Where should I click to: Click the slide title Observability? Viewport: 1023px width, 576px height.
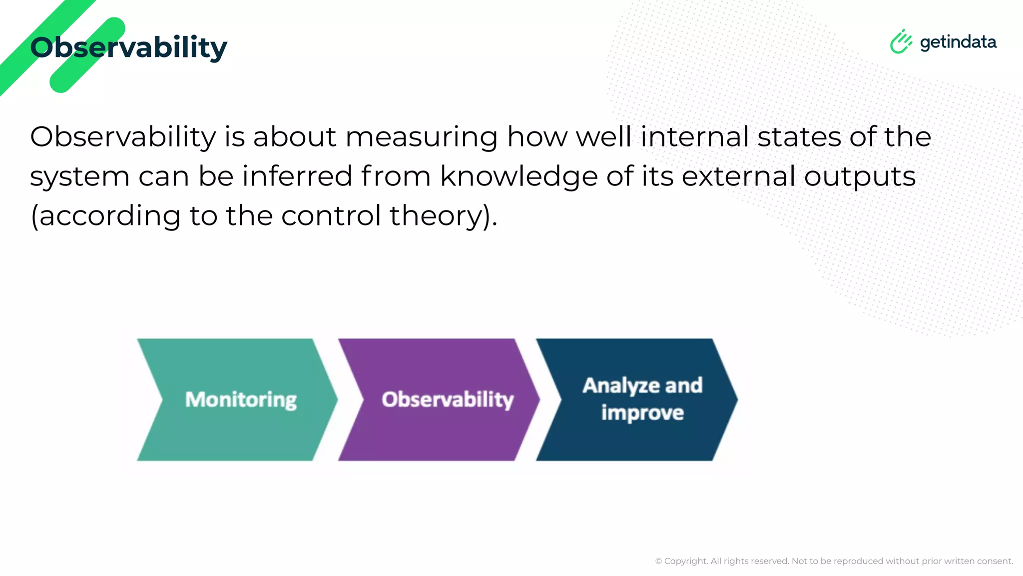point(128,47)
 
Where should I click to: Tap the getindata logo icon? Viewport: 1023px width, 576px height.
point(901,41)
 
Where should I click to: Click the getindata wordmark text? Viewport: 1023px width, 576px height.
point(958,42)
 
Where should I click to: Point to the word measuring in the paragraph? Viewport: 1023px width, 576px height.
point(421,137)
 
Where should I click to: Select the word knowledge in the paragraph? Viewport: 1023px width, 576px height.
point(518,176)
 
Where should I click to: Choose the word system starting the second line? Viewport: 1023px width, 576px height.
point(80,177)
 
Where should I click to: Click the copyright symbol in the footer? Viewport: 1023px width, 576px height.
point(658,561)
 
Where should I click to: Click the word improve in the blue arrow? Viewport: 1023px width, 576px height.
point(642,413)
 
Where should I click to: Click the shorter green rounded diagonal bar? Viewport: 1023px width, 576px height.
point(87,55)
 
